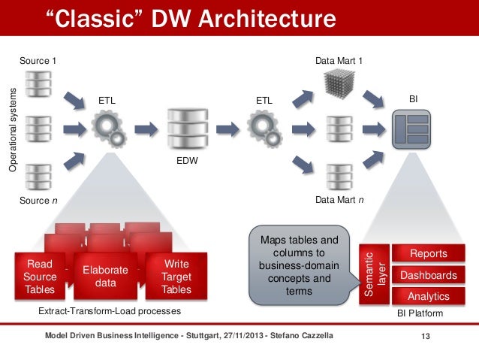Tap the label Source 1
(x=37, y=60)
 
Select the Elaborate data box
(x=105, y=277)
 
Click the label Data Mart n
(x=339, y=201)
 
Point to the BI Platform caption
(x=419, y=313)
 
